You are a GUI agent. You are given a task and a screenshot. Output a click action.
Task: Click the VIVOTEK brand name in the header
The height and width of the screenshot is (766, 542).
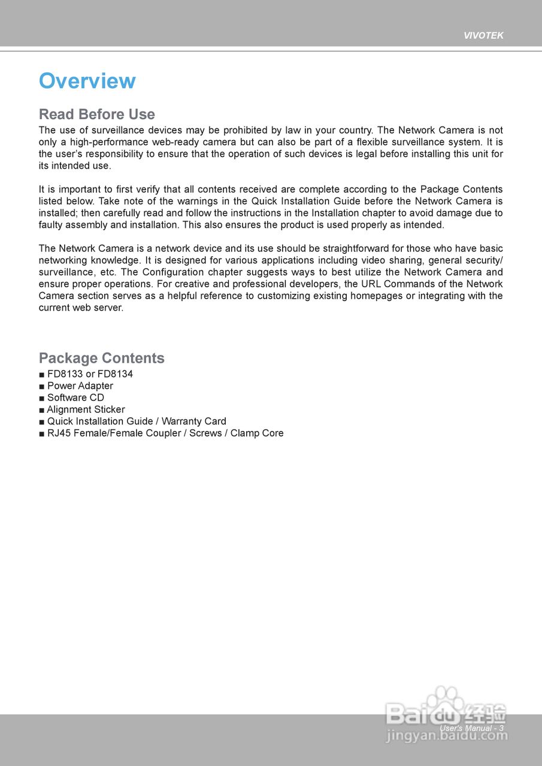[483, 36]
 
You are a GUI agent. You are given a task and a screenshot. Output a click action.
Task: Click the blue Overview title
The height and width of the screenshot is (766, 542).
[87, 81]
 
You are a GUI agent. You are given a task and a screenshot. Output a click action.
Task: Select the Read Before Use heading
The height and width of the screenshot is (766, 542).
[97, 114]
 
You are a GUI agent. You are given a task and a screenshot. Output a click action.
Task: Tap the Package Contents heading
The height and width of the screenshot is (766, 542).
[102, 358]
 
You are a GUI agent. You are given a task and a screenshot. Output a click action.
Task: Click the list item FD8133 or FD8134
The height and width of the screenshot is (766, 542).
[90, 374]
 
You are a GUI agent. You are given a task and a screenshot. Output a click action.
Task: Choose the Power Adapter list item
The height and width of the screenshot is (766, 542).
[80, 386]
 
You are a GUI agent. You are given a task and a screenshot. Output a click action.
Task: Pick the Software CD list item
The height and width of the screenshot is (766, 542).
[75, 397]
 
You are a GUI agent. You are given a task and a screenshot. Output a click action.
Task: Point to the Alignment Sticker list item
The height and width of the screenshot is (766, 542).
[86, 409]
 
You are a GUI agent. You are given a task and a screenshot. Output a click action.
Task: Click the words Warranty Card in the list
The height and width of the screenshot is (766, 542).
[194, 421]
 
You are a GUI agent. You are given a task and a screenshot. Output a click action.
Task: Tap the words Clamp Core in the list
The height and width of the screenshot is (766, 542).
[257, 433]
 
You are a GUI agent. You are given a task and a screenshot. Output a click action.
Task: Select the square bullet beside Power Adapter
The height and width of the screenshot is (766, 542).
[42, 386]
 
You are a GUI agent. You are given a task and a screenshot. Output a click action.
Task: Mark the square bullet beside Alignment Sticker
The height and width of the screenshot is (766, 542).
[42, 410]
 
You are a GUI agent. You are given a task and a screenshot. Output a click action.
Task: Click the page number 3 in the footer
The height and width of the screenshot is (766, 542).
[501, 728]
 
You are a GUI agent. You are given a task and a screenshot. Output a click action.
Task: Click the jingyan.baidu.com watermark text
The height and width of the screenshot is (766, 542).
[447, 736]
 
